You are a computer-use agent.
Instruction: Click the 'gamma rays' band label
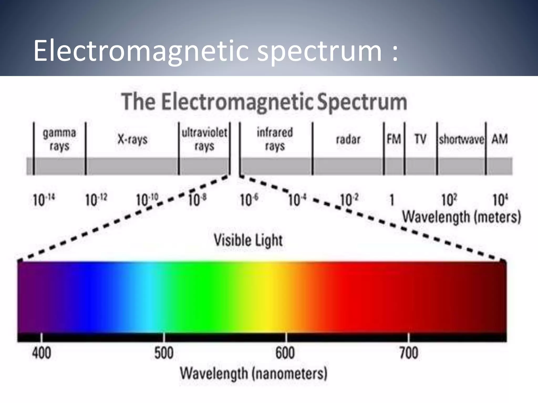pyautogui.click(x=59, y=139)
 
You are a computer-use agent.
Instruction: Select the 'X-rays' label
pyautogui.click(x=132, y=139)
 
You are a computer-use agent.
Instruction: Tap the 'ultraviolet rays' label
pyautogui.click(x=204, y=139)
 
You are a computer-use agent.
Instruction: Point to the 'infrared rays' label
pyautogui.click(x=275, y=139)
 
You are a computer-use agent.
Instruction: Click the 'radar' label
pyautogui.click(x=348, y=139)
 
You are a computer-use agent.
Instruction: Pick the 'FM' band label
pyautogui.click(x=394, y=139)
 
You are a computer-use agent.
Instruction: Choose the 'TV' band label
pyautogui.click(x=420, y=139)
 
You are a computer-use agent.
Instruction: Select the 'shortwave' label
pyautogui.click(x=461, y=139)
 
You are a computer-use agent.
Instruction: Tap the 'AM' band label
pyautogui.click(x=500, y=139)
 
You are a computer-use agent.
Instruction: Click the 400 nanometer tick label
pyautogui.click(x=42, y=353)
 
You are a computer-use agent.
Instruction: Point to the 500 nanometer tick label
pyautogui.click(x=164, y=353)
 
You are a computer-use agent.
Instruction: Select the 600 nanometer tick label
pyautogui.click(x=285, y=353)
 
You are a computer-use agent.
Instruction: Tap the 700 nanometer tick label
pyautogui.click(x=408, y=353)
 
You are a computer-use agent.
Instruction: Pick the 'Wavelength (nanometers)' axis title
pyautogui.click(x=254, y=373)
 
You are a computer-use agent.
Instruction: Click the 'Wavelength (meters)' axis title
pyautogui.click(x=462, y=217)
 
